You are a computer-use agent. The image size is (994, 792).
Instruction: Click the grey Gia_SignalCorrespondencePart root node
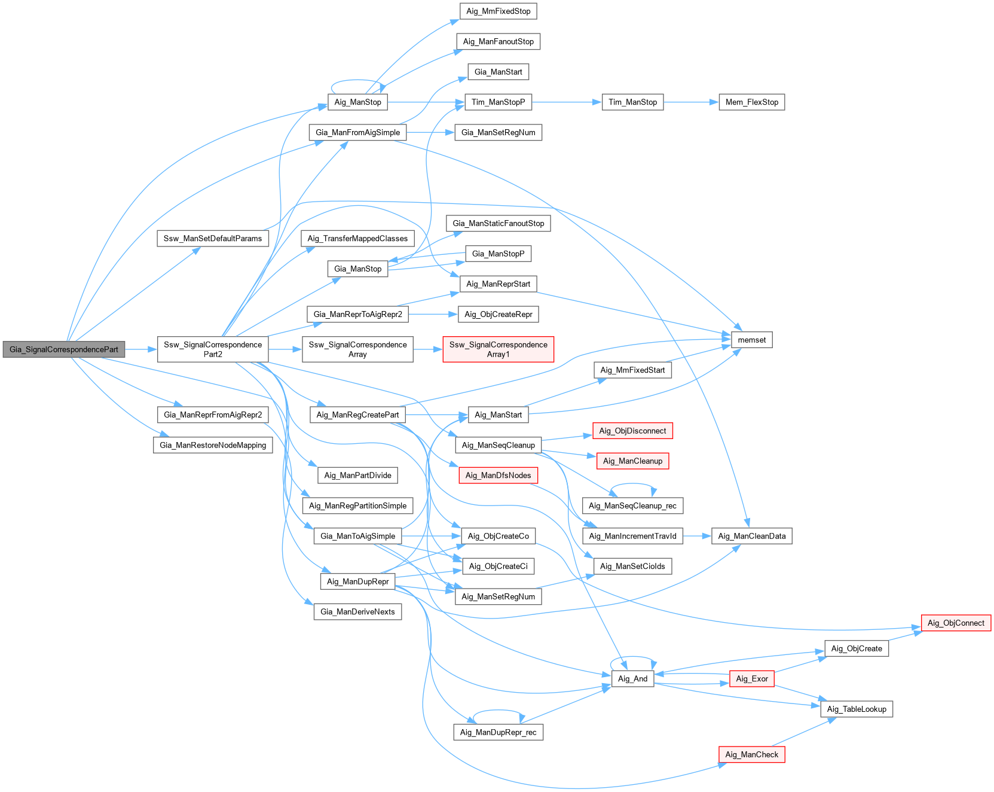pyautogui.click(x=63, y=349)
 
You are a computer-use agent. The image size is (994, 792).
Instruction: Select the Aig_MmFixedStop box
pyautogui.click(x=498, y=11)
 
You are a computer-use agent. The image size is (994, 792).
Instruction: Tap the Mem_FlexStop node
pyautogui.click(x=751, y=102)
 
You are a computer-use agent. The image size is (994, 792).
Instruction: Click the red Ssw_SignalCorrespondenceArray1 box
pyautogui.click(x=498, y=349)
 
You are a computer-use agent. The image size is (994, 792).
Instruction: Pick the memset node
pyautogui.click(x=751, y=340)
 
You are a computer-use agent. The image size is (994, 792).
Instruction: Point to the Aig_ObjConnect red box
pyautogui.click(x=956, y=623)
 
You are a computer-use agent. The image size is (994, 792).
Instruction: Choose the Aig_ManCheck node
pyautogui.click(x=751, y=754)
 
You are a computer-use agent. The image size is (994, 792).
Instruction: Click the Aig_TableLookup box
pyautogui.click(x=857, y=709)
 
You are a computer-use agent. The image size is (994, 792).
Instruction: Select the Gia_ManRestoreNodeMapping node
pyautogui.click(x=213, y=445)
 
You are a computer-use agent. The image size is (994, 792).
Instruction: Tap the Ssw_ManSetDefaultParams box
pyautogui.click(x=213, y=238)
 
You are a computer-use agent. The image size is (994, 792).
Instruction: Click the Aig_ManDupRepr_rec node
pyautogui.click(x=498, y=732)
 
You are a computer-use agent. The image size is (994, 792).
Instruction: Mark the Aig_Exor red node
pyautogui.click(x=751, y=678)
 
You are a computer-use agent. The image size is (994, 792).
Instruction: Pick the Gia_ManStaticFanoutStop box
pyautogui.click(x=498, y=223)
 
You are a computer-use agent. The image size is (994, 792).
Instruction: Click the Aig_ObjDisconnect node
pyautogui.click(x=632, y=431)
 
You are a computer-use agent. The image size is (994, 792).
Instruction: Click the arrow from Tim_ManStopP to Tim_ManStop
pyautogui.click(x=566, y=102)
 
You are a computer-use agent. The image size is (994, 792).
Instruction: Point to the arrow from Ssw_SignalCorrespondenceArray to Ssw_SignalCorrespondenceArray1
pyautogui.click(x=427, y=349)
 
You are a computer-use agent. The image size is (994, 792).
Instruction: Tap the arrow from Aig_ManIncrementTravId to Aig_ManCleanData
pyautogui.click(x=697, y=536)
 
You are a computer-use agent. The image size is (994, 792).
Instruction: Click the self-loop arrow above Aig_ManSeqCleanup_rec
pyautogui.click(x=632, y=485)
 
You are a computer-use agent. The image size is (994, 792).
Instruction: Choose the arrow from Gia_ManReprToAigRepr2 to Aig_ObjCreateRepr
pyautogui.click(x=433, y=314)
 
